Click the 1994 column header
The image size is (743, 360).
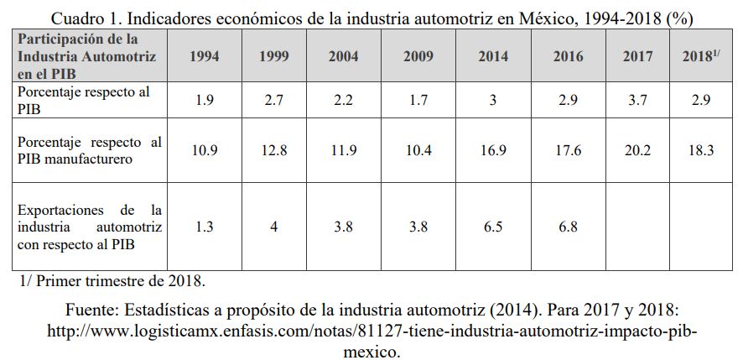point(204,57)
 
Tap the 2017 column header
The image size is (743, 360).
point(639,57)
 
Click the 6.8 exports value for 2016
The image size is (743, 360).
point(568,227)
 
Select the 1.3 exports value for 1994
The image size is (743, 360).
point(204,227)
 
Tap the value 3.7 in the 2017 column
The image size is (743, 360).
point(639,100)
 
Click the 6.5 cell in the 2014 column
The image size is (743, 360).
point(493,227)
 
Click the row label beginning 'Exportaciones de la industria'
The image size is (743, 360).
point(90,227)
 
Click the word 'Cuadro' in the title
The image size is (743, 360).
point(79,18)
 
